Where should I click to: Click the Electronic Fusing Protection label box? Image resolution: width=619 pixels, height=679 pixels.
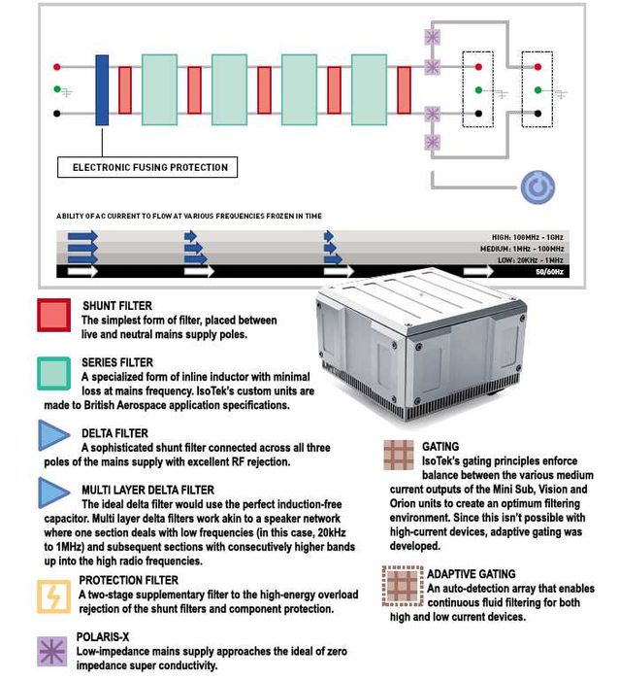point(149,167)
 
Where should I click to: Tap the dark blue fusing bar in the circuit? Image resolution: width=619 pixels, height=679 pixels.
point(102,90)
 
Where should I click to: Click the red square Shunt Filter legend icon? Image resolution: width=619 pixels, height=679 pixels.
point(53,315)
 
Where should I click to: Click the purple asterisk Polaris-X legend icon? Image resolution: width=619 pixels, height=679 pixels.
point(53,650)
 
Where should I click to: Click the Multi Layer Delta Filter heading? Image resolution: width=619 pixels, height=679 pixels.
point(147,491)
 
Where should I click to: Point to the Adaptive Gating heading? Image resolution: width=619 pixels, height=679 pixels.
point(472,574)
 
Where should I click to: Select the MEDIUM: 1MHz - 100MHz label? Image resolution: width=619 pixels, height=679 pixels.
point(532,248)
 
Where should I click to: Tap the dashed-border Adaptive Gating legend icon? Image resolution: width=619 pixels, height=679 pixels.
point(398,585)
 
